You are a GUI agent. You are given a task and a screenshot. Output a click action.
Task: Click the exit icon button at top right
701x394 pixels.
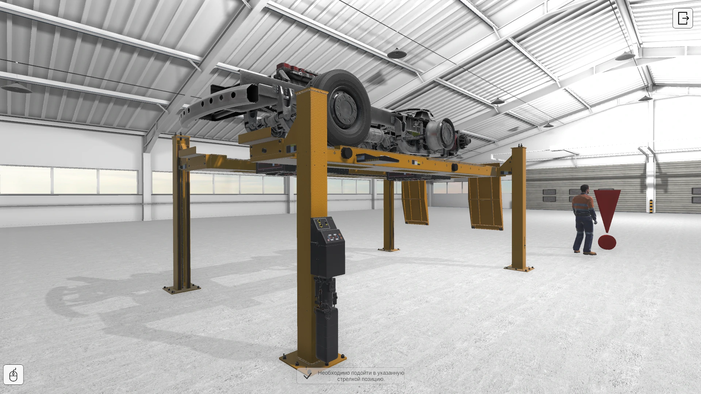coord(682,18)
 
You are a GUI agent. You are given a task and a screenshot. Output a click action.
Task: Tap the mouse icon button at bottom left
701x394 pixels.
coord(14,374)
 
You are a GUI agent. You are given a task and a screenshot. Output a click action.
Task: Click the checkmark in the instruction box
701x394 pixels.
coord(308,376)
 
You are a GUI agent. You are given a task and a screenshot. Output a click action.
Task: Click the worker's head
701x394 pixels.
coord(585,190)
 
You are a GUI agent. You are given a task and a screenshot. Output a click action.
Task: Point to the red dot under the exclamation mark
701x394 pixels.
coord(607,242)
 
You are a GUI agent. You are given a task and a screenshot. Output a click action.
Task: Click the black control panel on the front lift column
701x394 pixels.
coord(327,246)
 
